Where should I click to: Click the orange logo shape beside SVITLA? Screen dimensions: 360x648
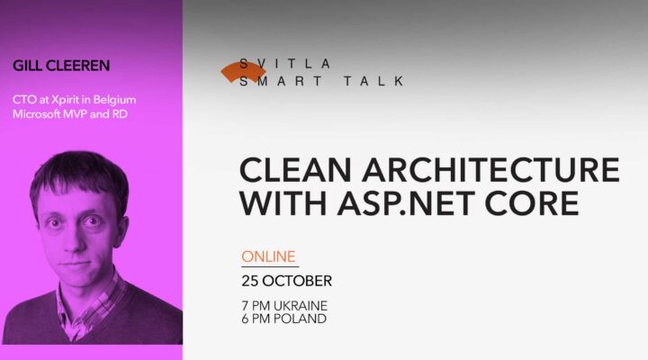pos(242,72)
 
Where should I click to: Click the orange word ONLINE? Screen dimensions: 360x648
pos(268,256)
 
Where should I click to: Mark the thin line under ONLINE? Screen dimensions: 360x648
pos(269,266)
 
